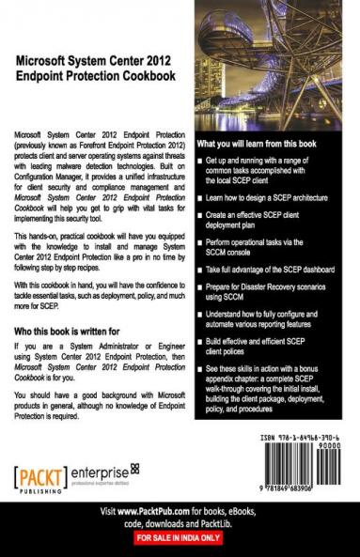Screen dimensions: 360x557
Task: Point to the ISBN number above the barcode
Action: tap(294, 439)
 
